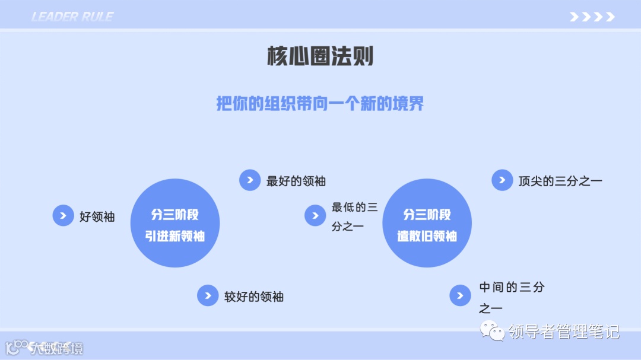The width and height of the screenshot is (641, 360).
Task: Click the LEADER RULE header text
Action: click(x=72, y=17)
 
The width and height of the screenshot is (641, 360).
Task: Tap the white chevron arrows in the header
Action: click(x=592, y=17)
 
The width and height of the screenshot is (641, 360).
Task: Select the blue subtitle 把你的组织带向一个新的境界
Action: click(x=320, y=104)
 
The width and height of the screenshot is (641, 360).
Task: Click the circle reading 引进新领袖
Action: click(x=175, y=224)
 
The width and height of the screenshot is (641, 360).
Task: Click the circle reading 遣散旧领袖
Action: click(x=427, y=224)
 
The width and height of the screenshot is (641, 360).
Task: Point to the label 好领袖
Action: click(x=97, y=216)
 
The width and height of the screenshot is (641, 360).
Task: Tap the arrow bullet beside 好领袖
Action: click(x=63, y=216)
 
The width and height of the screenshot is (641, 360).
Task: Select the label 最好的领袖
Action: click(x=296, y=181)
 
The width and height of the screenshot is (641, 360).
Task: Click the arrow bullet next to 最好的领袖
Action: click(x=250, y=180)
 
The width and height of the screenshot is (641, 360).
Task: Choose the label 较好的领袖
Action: click(x=253, y=297)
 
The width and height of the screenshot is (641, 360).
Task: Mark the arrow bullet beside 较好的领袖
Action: click(x=208, y=295)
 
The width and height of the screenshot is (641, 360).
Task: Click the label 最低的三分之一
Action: click(x=354, y=216)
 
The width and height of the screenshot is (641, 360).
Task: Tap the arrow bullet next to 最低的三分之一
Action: click(x=315, y=216)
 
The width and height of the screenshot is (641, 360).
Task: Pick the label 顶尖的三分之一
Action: click(x=560, y=181)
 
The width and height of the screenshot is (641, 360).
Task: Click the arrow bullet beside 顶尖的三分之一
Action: click(x=502, y=180)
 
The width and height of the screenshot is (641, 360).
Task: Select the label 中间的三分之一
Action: click(x=511, y=297)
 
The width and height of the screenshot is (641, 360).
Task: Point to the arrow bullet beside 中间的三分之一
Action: click(x=460, y=295)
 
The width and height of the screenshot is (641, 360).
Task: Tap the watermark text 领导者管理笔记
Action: click(x=563, y=332)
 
